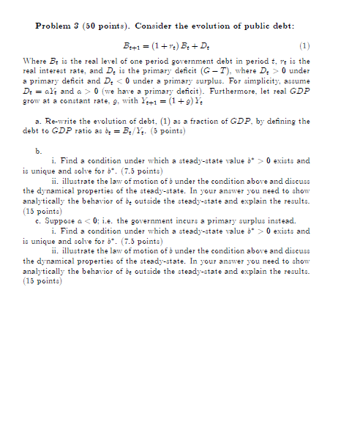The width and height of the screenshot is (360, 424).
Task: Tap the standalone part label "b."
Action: (39, 149)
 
